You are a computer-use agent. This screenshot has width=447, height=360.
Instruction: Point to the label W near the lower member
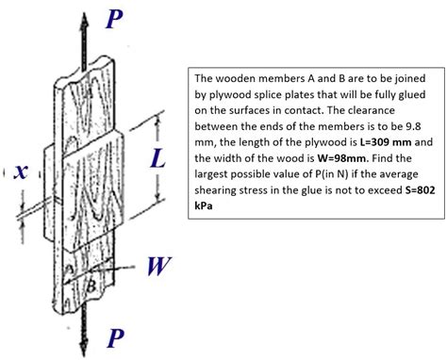(157, 267)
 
